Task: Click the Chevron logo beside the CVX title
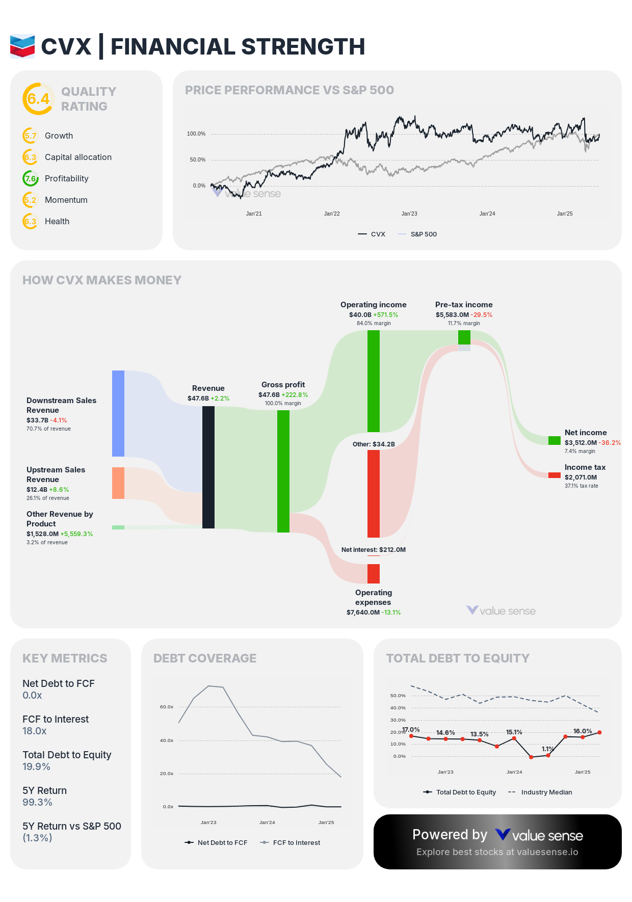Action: pyautogui.click(x=22, y=46)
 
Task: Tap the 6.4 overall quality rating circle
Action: pyautogui.click(x=38, y=99)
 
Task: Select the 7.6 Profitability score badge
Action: pyautogui.click(x=31, y=178)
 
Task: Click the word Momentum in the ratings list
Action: pyautogui.click(x=66, y=200)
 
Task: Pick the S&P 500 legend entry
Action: pyautogui.click(x=424, y=234)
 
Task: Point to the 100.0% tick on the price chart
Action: pyautogui.click(x=196, y=134)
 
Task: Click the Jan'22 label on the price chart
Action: pyautogui.click(x=332, y=214)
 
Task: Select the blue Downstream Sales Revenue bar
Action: pyautogui.click(x=118, y=413)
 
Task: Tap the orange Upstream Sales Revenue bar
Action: pyautogui.click(x=118, y=483)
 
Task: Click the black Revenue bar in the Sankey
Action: pyautogui.click(x=208, y=467)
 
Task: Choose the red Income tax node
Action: pyautogui.click(x=554, y=475)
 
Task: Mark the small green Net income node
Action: pyautogui.click(x=554, y=440)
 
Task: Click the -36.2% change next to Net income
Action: pyautogui.click(x=610, y=443)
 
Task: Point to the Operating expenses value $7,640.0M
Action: pyautogui.click(x=363, y=612)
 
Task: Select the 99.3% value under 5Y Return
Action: pyautogui.click(x=37, y=802)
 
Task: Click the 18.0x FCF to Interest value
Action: pyautogui.click(x=34, y=731)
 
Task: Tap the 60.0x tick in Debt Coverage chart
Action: pyautogui.click(x=167, y=707)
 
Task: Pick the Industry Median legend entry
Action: pyautogui.click(x=546, y=792)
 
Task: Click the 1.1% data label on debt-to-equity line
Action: pyautogui.click(x=547, y=749)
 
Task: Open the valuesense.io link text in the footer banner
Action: pyautogui.click(x=547, y=852)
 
